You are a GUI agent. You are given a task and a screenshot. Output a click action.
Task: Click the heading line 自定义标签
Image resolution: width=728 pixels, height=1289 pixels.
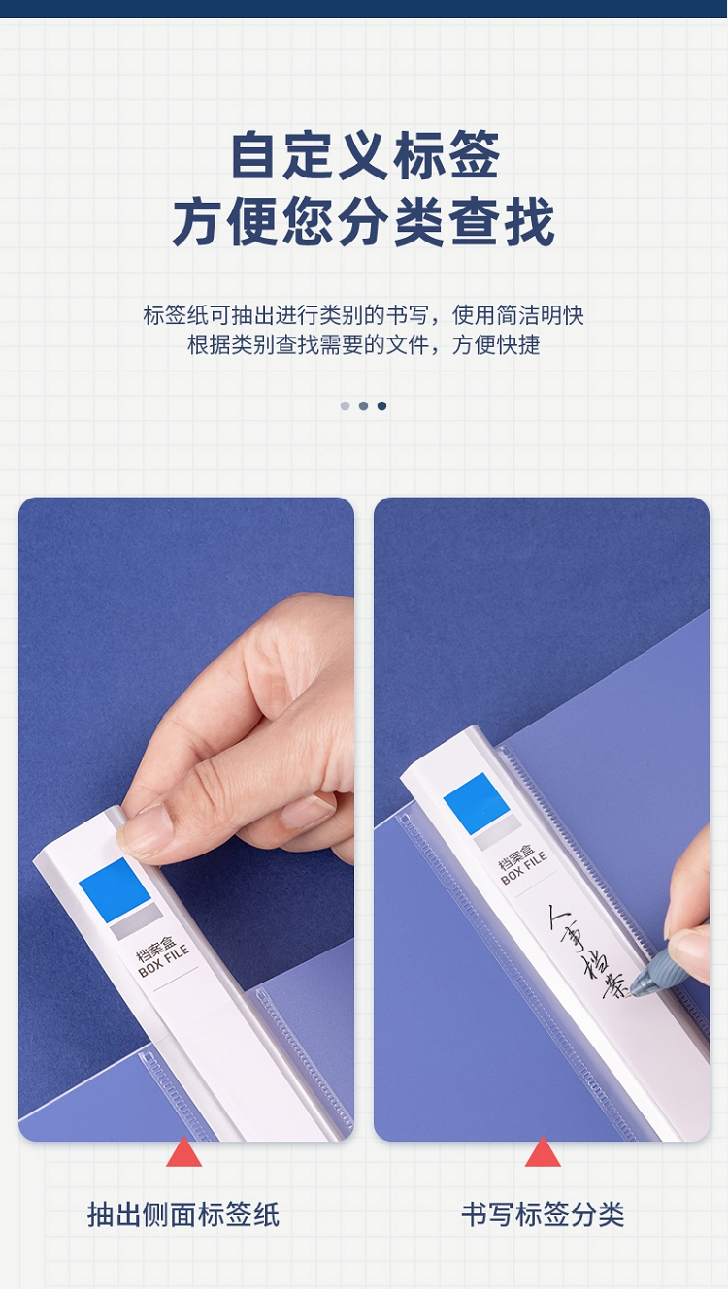point(365,155)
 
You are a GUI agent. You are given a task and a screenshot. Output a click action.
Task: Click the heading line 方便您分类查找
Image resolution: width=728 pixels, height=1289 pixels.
point(363,221)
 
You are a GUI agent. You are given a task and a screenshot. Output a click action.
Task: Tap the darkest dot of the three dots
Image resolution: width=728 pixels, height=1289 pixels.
point(381,405)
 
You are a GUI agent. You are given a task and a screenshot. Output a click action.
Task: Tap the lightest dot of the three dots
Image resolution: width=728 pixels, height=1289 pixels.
point(345,405)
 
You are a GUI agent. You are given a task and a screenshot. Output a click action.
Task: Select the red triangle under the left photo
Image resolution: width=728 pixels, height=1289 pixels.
point(184,1151)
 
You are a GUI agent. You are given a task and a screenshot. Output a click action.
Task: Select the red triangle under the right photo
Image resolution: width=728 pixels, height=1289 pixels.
point(543,1151)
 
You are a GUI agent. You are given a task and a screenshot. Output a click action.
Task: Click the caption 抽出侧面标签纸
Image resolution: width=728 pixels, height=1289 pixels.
point(183,1215)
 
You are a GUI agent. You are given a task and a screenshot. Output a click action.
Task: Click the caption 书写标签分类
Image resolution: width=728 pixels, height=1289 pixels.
point(543,1215)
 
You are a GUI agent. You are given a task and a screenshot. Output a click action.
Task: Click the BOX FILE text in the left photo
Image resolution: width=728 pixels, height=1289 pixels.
point(165,963)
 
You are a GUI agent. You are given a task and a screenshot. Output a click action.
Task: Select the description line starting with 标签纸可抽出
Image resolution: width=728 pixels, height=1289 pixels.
point(363,315)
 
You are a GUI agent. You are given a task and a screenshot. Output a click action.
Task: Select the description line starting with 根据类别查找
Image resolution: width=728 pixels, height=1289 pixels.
point(363,344)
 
